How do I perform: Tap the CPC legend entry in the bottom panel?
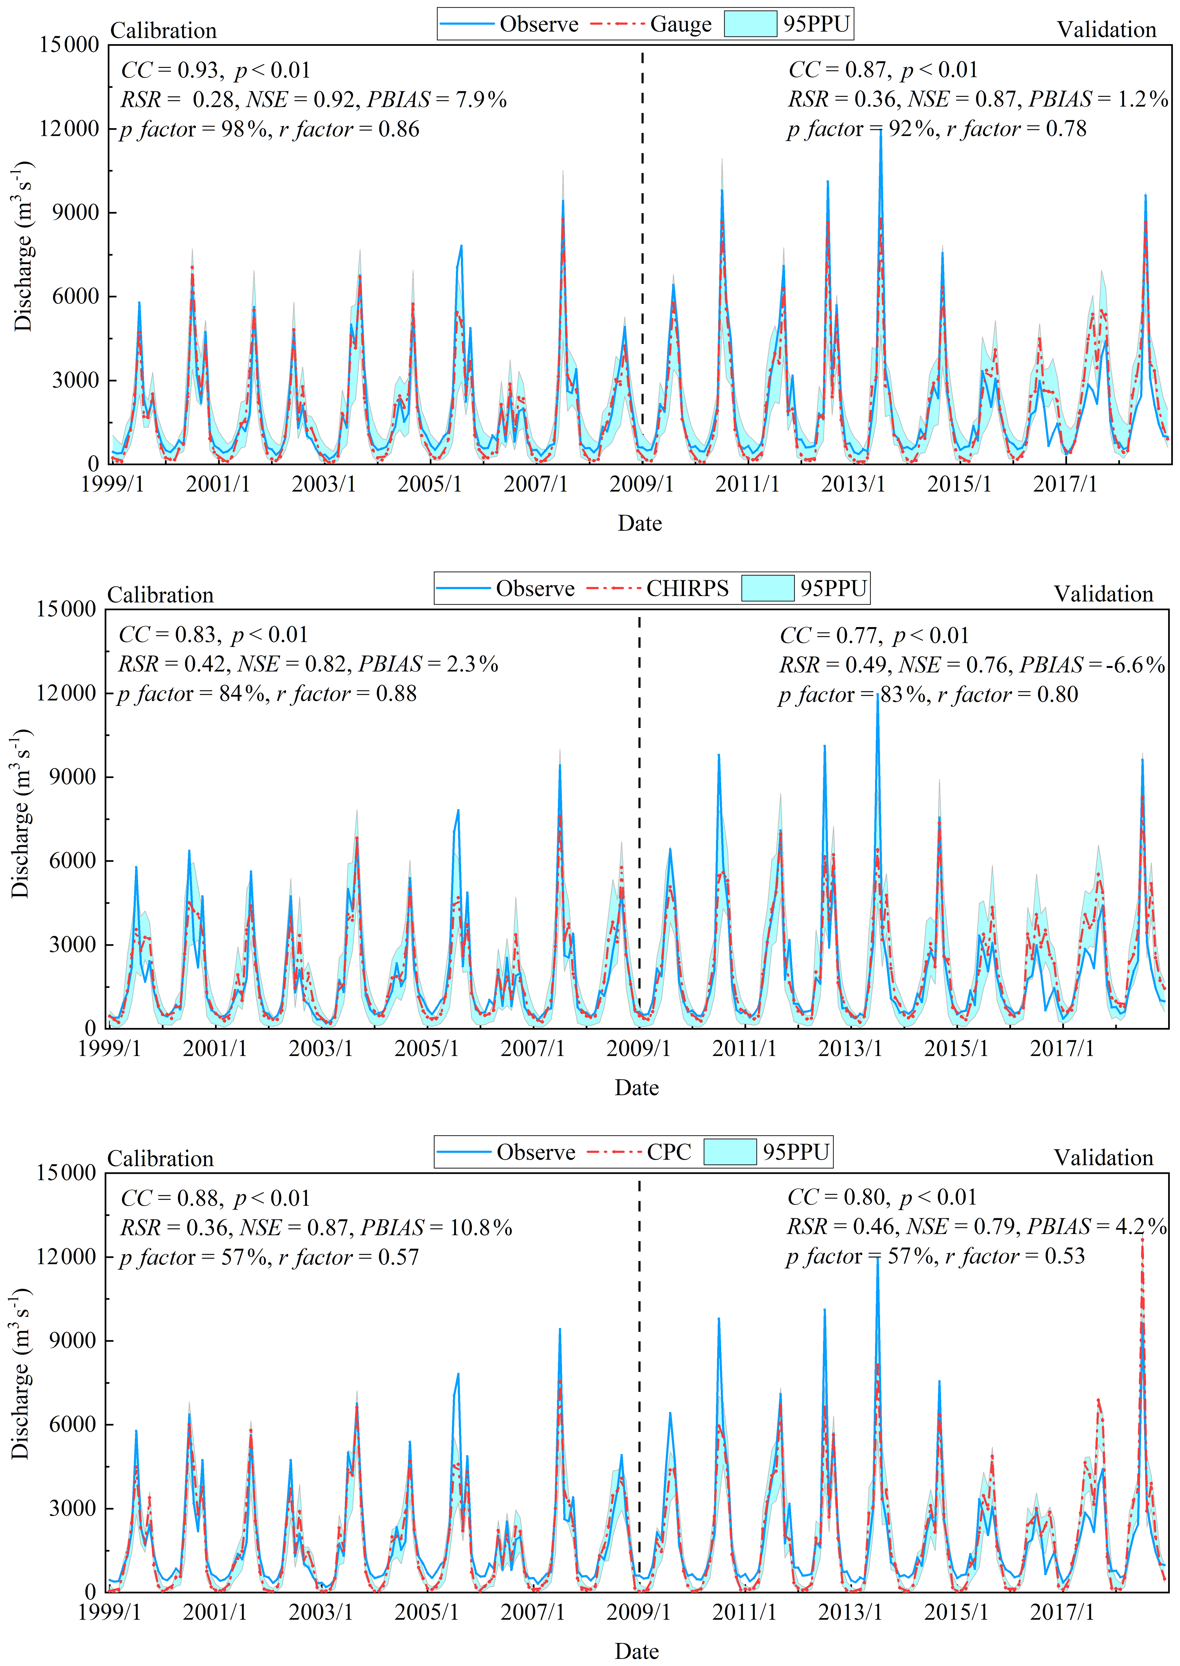[x=669, y=1152]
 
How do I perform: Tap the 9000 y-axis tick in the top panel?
[x=76, y=213]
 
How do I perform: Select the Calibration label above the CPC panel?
[x=161, y=1158]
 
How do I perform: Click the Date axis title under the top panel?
[x=639, y=523]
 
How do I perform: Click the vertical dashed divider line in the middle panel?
[x=639, y=835]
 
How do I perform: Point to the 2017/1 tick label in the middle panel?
[x=1062, y=1048]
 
